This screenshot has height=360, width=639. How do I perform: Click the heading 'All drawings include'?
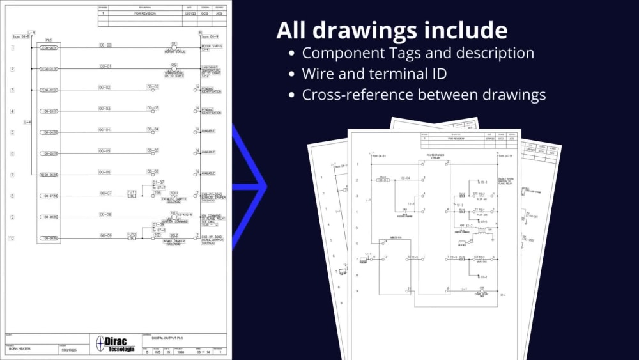point(392,31)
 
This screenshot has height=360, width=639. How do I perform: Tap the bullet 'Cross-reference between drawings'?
point(424,95)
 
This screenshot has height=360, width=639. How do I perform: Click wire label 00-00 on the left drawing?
point(105,45)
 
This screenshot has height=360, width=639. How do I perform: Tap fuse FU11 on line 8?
point(132,194)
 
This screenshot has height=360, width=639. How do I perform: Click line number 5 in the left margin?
point(12,132)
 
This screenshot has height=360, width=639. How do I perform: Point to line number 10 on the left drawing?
point(12,239)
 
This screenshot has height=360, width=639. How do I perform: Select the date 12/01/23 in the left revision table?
point(189,13)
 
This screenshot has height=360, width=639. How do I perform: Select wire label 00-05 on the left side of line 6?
point(105,151)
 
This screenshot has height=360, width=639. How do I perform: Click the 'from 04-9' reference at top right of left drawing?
point(210,36)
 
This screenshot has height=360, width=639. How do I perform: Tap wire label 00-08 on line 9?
point(105,214)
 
